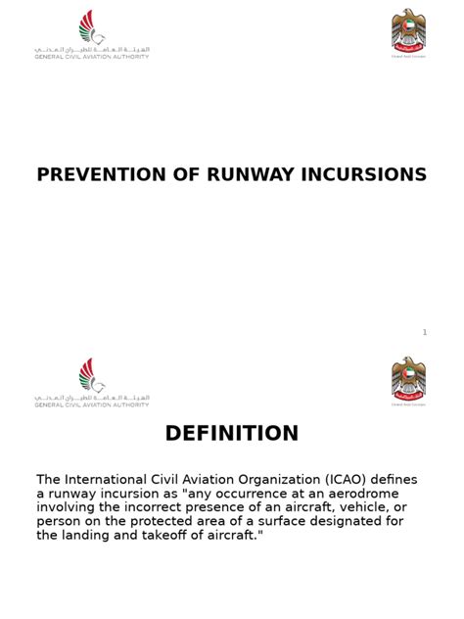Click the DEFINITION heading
[x=232, y=434]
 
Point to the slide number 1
[x=425, y=333]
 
